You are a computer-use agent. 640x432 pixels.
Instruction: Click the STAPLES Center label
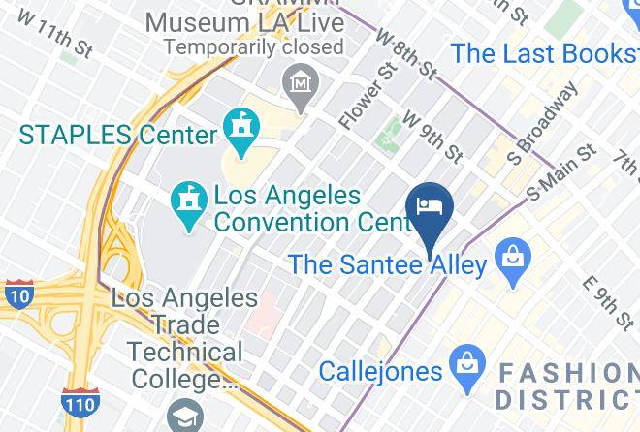(x=117, y=135)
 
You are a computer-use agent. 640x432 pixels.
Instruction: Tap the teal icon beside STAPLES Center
(x=238, y=125)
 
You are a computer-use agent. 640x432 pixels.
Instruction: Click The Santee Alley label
(x=387, y=263)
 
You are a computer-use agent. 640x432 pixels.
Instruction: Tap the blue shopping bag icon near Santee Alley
(x=509, y=258)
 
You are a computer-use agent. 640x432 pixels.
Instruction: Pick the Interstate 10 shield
(x=16, y=294)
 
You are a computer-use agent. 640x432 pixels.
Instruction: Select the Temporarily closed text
(x=253, y=46)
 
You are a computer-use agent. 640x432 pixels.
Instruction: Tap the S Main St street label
(x=561, y=172)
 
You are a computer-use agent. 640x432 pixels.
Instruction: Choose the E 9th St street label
(x=607, y=301)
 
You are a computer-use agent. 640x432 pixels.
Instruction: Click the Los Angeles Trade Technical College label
(x=176, y=339)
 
